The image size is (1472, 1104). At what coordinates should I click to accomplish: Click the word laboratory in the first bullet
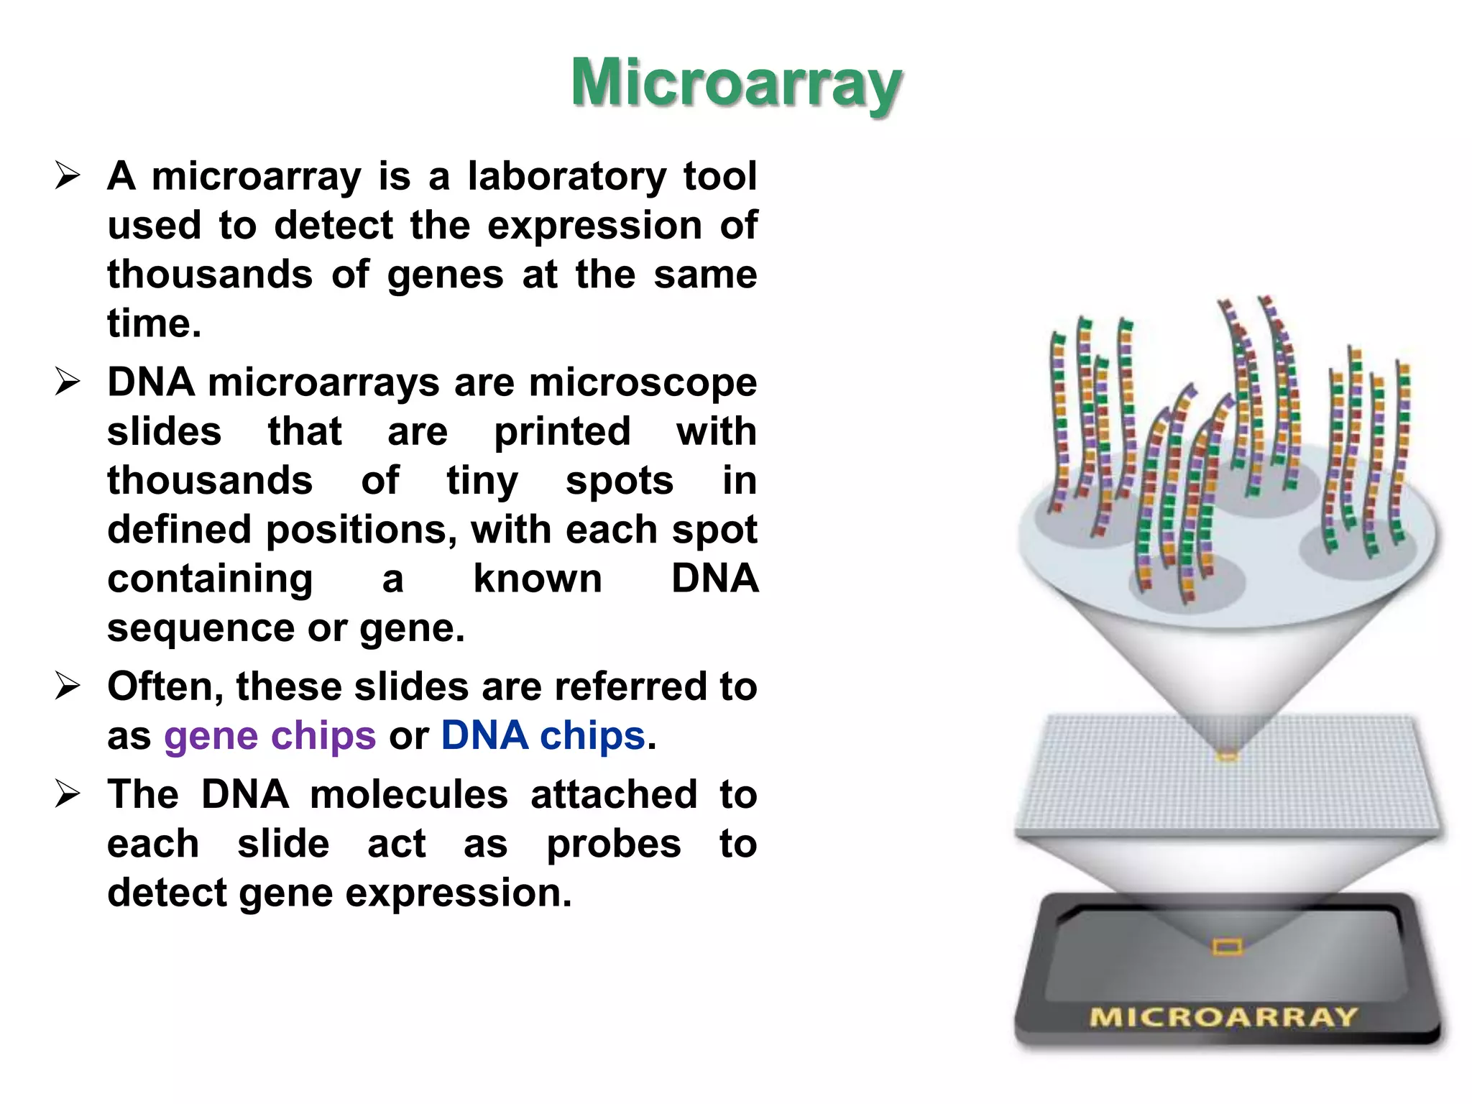(567, 176)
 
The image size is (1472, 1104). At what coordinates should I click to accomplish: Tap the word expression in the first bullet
(594, 226)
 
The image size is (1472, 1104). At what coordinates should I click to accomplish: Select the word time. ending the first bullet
(154, 323)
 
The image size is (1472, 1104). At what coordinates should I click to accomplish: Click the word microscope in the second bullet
(643, 382)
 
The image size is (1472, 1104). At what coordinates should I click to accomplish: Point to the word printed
(561, 432)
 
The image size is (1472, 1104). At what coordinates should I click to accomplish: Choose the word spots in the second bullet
(620, 481)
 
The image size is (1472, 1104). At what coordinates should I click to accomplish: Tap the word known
(538, 579)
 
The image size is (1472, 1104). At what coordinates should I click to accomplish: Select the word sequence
(201, 628)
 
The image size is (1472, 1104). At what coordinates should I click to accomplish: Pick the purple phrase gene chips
(270, 736)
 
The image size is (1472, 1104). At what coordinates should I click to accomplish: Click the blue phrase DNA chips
(543, 736)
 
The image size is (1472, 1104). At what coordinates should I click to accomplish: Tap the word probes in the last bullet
(613, 845)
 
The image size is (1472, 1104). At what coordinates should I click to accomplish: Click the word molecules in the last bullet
(409, 795)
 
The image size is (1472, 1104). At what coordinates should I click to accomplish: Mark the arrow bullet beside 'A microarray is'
(68, 176)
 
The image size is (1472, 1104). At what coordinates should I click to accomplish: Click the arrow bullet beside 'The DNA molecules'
(68, 795)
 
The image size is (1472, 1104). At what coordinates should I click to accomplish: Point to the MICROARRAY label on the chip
(1223, 1017)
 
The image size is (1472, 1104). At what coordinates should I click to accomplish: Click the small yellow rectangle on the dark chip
(1227, 947)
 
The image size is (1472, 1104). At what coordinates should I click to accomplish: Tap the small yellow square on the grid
(1227, 756)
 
